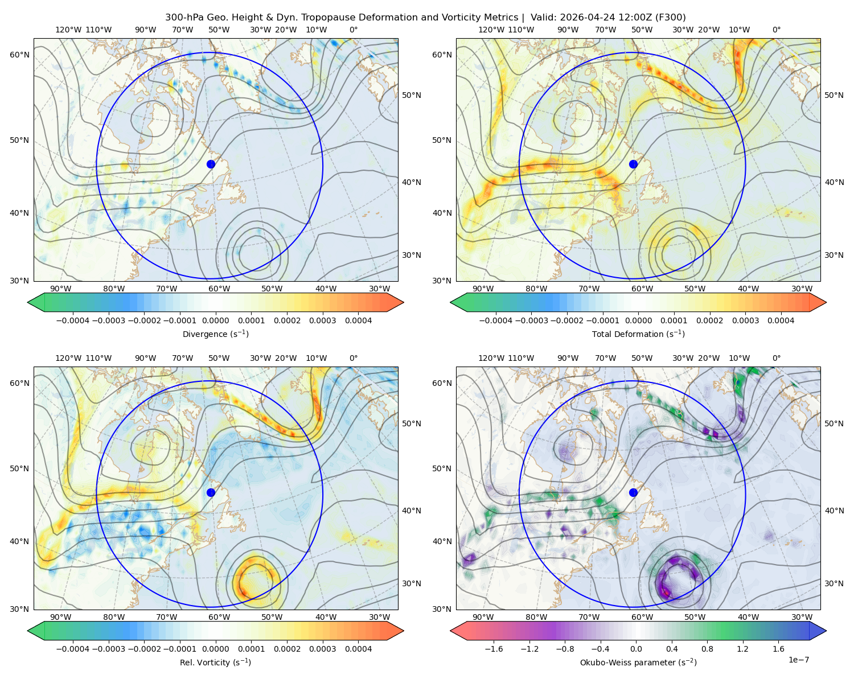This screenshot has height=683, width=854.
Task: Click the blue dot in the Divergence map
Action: [211, 164]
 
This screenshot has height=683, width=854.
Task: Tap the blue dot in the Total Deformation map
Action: [633, 164]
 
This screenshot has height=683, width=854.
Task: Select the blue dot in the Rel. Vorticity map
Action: [211, 492]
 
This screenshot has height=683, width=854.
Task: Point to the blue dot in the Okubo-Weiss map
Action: [633, 492]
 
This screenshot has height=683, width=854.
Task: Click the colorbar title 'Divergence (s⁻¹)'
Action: [215, 334]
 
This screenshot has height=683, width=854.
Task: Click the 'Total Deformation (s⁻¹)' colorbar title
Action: [638, 334]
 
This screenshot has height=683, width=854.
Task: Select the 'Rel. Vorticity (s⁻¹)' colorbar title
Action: [215, 662]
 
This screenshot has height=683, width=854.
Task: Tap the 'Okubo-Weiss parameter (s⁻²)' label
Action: [638, 662]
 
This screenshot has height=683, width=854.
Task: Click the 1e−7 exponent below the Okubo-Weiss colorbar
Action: [798, 660]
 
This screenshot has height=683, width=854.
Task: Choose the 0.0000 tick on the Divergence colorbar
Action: [215, 320]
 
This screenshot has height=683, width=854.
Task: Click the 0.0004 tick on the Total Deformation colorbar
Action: [781, 320]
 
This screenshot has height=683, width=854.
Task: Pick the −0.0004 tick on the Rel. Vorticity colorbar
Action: [73, 649]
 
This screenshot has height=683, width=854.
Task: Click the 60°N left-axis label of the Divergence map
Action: [19, 55]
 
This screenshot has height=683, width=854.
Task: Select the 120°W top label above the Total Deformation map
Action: [491, 30]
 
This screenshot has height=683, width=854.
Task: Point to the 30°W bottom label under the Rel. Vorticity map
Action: [379, 617]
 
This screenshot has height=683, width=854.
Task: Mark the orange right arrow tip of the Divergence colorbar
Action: [403, 302]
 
